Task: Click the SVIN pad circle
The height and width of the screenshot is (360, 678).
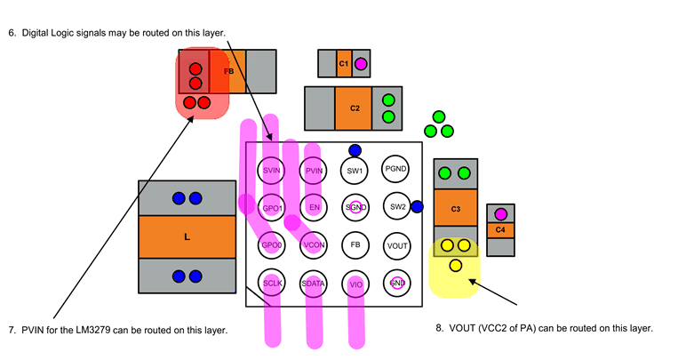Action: coord(273,169)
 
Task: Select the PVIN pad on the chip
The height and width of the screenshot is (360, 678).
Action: coord(314,169)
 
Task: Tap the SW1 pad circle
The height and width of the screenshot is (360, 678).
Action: coord(355,169)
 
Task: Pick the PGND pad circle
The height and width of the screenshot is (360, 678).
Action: coord(396,169)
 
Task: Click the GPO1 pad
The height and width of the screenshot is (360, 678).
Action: coord(273,207)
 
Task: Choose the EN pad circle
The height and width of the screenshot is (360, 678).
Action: coord(314,207)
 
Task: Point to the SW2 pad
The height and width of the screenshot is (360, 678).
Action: coord(396,207)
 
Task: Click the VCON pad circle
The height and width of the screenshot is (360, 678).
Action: coord(314,244)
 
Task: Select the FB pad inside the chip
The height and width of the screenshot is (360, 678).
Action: coord(355,244)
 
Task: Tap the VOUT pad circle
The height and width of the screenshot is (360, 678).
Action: coord(396,244)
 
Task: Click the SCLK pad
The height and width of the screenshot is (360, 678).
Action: coord(273,283)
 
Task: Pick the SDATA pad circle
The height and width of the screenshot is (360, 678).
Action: coord(314,283)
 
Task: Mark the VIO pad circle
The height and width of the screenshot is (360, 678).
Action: coord(355,283)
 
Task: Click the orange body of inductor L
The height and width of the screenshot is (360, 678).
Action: coord(187,237)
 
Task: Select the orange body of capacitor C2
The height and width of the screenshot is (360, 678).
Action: coord(354,108)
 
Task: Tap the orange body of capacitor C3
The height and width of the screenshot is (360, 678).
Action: coord(455,211)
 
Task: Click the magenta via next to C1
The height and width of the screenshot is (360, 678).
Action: coord(361,64)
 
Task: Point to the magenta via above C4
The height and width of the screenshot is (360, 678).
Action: coord(500,214)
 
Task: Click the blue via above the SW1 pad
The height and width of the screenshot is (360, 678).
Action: coord(355,150)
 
